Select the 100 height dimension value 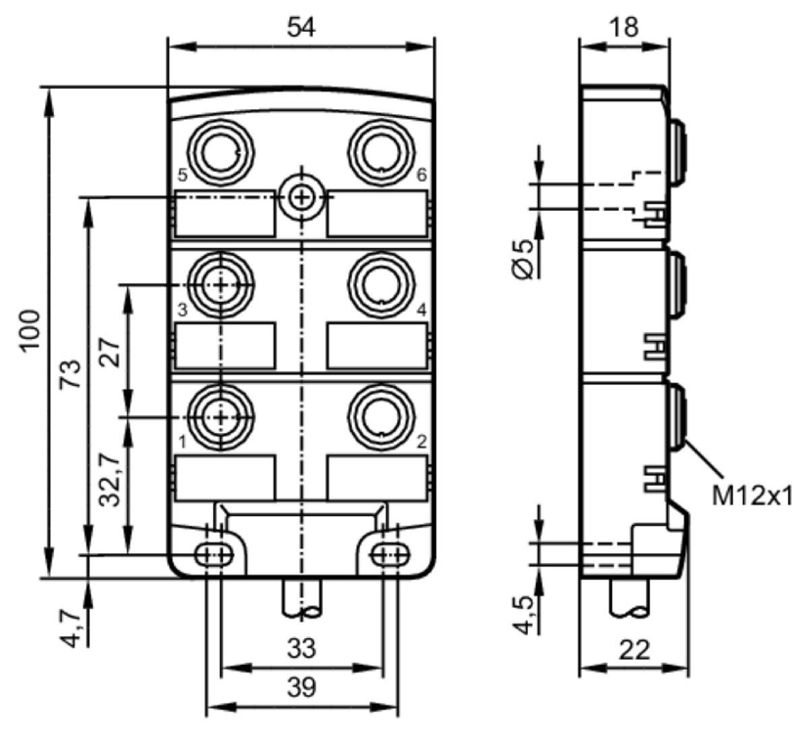(x=32, y=331)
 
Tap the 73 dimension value (x=70, y=374)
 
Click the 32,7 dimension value (x=110, y=480)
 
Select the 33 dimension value (x=301, y=649)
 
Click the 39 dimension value (x=301, y=687)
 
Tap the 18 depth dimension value (x=624, y=28)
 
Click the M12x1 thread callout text (x=752, y=496)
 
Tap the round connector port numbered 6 (x=382, y=152)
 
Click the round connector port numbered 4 (x=382, y=285)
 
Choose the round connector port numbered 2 (x=382, y=417)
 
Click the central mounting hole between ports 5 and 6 (x=301, y=197)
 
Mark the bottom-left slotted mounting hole (x=214, y=555)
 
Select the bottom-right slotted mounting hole (x=390, y=555)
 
